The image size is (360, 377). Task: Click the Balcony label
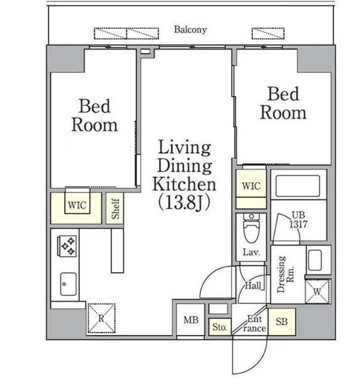(190, 30)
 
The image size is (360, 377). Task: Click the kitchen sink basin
(68, 284)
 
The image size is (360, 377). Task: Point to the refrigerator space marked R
(101, 318)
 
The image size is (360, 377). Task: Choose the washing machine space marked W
(318, 292)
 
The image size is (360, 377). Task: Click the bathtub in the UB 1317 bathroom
(298, 186)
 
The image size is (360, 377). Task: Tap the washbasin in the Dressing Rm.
(315, 260)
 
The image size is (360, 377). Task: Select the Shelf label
(115, 208)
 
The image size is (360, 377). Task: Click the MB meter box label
(191, 320)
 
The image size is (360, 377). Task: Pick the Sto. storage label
(220, 327)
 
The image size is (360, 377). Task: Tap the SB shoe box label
(281, 321)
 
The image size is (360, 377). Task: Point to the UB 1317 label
(298, 219)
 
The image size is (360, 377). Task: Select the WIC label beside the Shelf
(77, 206)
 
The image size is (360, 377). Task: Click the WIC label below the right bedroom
(251, 186)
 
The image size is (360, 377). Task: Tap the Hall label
(253, 285)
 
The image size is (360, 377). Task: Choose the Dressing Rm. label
(285, 274)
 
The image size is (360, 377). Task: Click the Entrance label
(254, 324)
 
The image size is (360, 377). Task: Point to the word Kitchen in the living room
(184, 184)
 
